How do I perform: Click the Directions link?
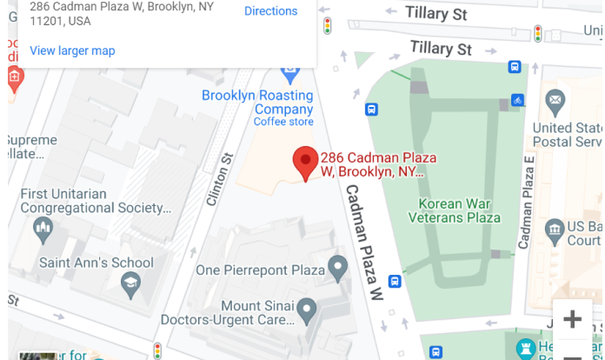point(270,11)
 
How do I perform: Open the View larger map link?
point(72,50)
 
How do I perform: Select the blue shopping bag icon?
point(291,70)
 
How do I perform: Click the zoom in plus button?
point(572,319)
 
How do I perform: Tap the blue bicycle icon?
point(518,100)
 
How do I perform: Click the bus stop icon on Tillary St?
point(515,66)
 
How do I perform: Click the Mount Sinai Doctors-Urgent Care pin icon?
point(306,309)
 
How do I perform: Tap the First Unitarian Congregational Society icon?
point(43,229)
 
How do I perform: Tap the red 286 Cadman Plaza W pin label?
point(373,164)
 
